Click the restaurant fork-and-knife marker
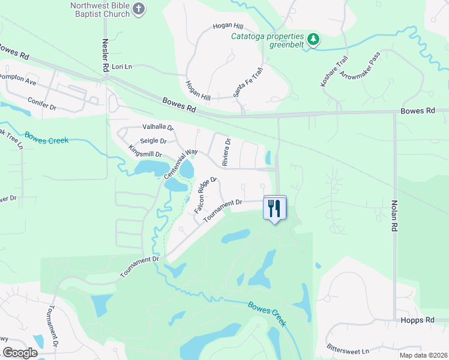click(x=275, y=208)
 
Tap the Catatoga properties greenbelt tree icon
click(x=313, y=40)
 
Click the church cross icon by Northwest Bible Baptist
click(x=139, y=9)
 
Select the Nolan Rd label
click(x=395, y=216)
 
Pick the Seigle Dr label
click(x=153, y=141)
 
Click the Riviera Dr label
click(x=226, y=152)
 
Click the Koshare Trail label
click(x=334, y=71)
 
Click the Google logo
click(x=20, y=352)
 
